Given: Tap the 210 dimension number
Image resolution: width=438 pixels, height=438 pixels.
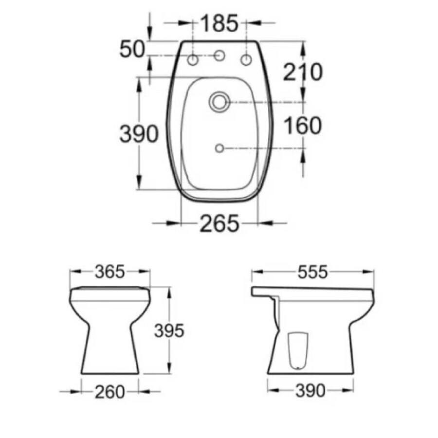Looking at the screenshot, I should click(x=304, y=72).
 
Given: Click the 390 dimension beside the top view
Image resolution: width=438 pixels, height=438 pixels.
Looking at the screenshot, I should click(x=140, y=134).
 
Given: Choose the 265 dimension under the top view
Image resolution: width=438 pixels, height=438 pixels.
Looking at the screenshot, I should click(x=219, y=224).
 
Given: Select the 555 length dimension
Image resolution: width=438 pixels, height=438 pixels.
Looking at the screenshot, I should click(x=312, y=272).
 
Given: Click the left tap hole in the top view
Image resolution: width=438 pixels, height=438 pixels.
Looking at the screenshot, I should click(x=193, y=60).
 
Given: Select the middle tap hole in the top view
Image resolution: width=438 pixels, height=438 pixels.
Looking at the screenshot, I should click(x=219, y=57).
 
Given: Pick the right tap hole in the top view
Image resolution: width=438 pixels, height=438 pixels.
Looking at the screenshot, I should click(x=246, y=60).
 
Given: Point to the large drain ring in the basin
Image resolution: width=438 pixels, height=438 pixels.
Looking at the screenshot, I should click(x=219, y=102).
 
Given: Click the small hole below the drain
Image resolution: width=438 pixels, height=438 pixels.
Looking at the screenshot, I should click(x=219, y=147).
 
